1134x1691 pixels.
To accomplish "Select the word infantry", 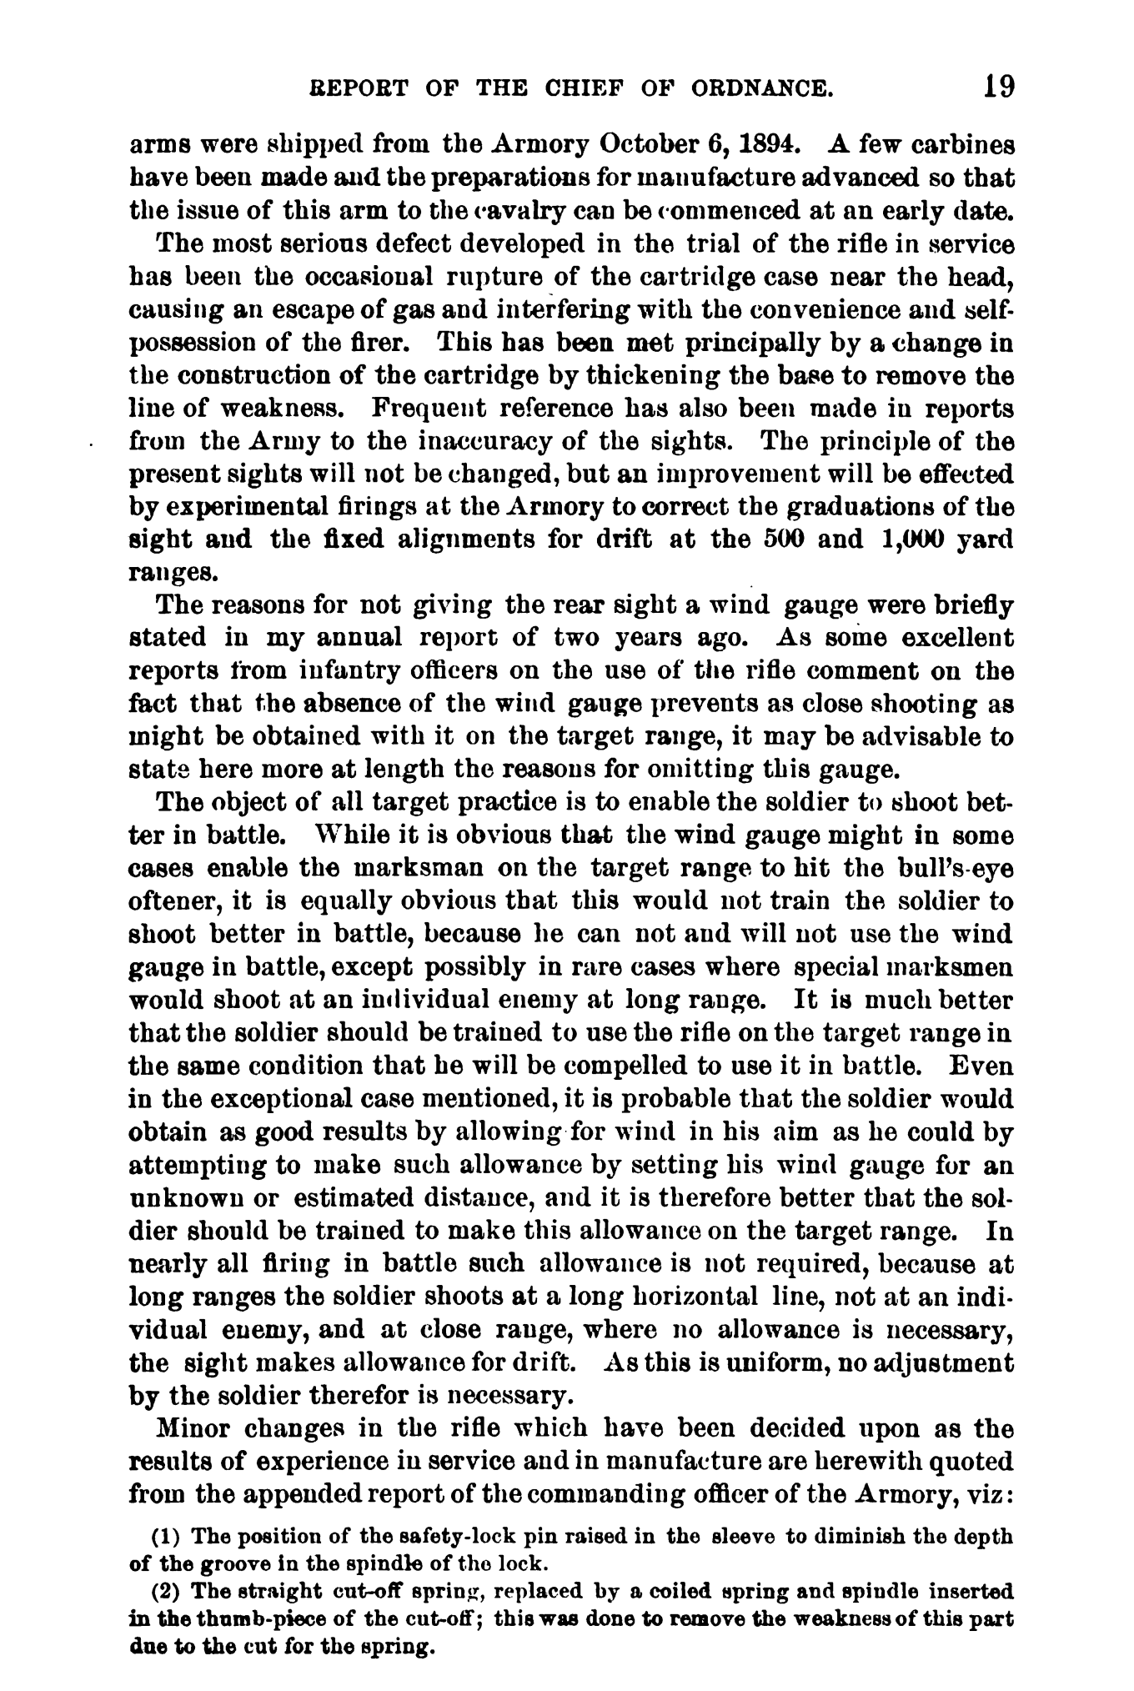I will click(329, 671).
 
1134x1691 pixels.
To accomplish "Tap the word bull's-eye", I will click(958, 868).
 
